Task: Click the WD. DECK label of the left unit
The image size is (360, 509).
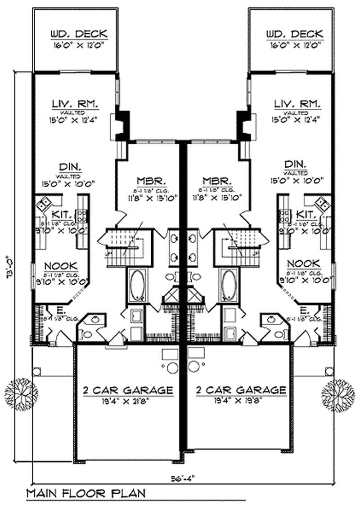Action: [78, 34]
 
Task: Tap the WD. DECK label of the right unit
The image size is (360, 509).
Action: [294, 34]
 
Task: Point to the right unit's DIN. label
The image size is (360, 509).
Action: [295, 164]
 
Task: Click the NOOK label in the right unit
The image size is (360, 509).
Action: [304, 263]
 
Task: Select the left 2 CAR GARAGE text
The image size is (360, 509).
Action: [128, 390]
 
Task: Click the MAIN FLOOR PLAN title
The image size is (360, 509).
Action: [86, 493]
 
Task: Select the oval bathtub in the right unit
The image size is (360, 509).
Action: [228, 285]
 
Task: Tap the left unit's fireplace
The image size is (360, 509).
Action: [121, 126]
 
